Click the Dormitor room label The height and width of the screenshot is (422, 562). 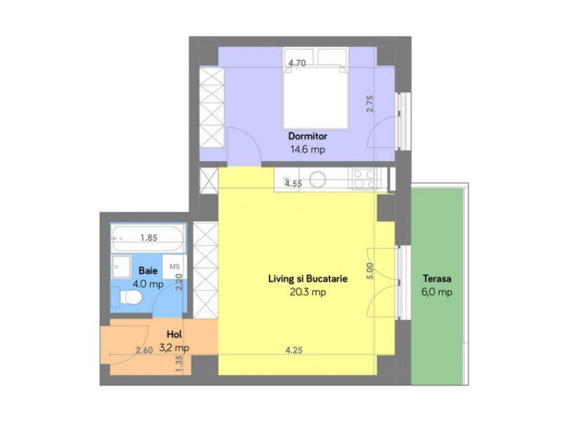(308, 136)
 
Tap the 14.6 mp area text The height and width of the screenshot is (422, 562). (308, 149)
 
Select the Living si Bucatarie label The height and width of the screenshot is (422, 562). (308, 279)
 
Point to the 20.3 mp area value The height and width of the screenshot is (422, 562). (308, 292)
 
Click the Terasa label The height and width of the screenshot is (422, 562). (437, 279)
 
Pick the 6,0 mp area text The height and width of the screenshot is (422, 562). (437, 292)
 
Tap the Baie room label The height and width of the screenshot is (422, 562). (148, 270)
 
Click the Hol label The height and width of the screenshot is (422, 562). (174, 334)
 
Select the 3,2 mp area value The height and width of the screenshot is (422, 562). (174, 347)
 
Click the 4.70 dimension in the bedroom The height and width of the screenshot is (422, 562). (297, 63)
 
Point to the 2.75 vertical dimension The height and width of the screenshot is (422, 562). (371, 104)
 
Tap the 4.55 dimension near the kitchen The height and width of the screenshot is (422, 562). (294, 184)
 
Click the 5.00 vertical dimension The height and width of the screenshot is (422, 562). (370, 271)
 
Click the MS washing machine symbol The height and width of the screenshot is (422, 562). (174, 268)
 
